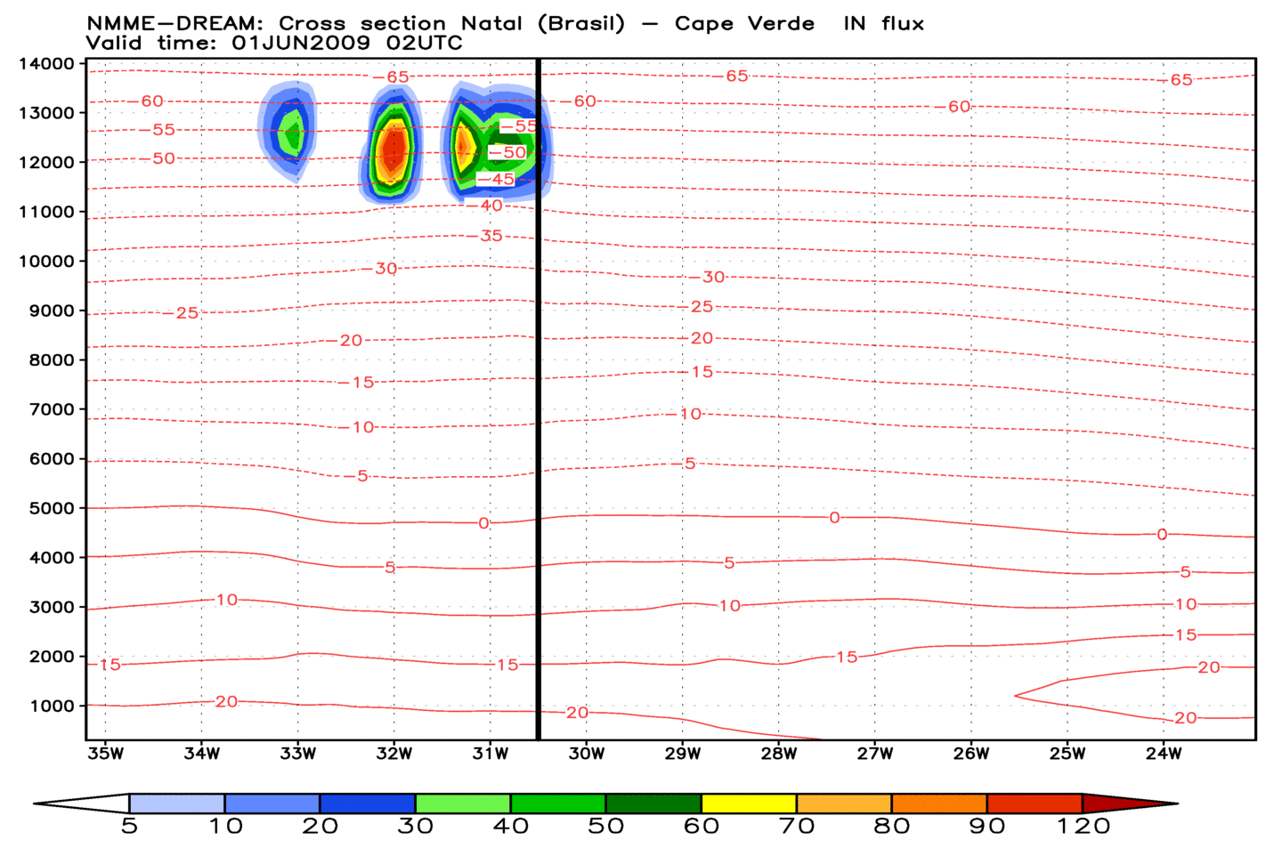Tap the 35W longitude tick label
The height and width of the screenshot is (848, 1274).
tap(105, 754)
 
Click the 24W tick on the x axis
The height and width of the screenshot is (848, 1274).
tap(1163, 754)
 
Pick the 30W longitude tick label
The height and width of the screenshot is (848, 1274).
tap(587, 754)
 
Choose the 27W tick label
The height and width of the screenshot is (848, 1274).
tap(875, 754)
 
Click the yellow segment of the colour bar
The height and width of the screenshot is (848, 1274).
tap(749, 804)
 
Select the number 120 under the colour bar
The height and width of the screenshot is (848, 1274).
tap(1083, 827)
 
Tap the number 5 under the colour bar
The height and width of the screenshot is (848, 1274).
tap(129, 827)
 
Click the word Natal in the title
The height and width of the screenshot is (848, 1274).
tap(491, 24)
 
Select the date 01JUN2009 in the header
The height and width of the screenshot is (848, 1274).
tap(301, 43)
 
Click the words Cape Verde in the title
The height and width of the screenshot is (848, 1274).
tap(744, 24)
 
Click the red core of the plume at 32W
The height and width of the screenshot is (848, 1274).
tap(393, 147)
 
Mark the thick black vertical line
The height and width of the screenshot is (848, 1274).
tap(539, 400)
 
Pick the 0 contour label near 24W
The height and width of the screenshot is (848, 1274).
tap(1162, 535)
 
